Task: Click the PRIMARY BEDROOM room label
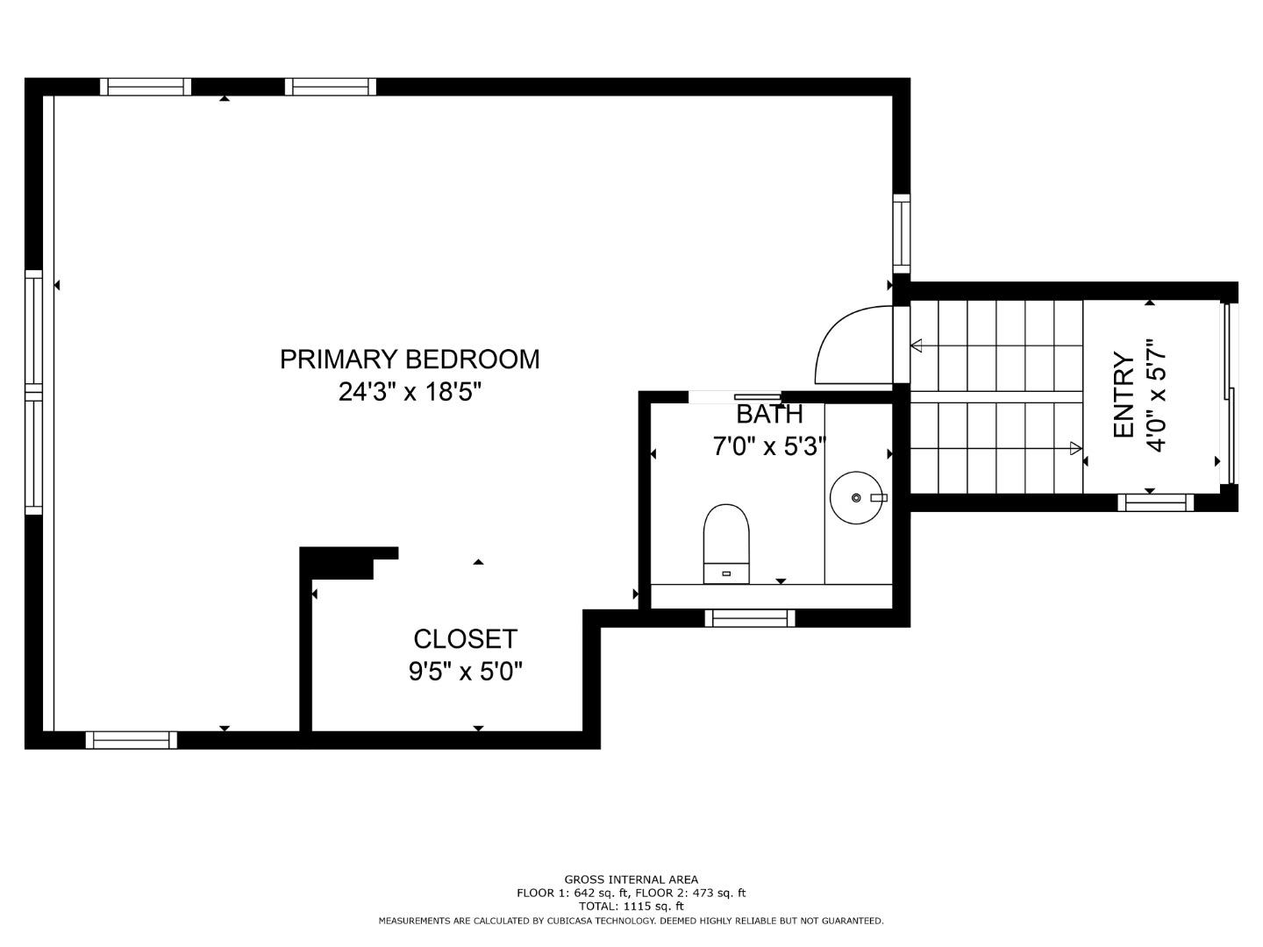point(410,360)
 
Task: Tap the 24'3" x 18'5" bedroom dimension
point(410,392)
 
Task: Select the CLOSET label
point(465,638)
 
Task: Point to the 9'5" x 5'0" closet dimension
point(465,672)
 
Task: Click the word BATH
point(768,414)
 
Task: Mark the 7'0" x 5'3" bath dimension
point(768,447)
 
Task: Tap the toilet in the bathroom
point(726,543)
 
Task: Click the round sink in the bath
point(857,498)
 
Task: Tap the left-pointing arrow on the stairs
point(917,345)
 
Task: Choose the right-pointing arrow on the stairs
point(1075,448)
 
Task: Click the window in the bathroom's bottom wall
point(750,618)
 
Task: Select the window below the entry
point(1155,502)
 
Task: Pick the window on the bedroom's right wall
point(902,233)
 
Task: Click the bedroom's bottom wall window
point(132,740)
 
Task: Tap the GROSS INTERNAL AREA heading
point(631,879)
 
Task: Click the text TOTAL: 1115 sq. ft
point(631,907)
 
